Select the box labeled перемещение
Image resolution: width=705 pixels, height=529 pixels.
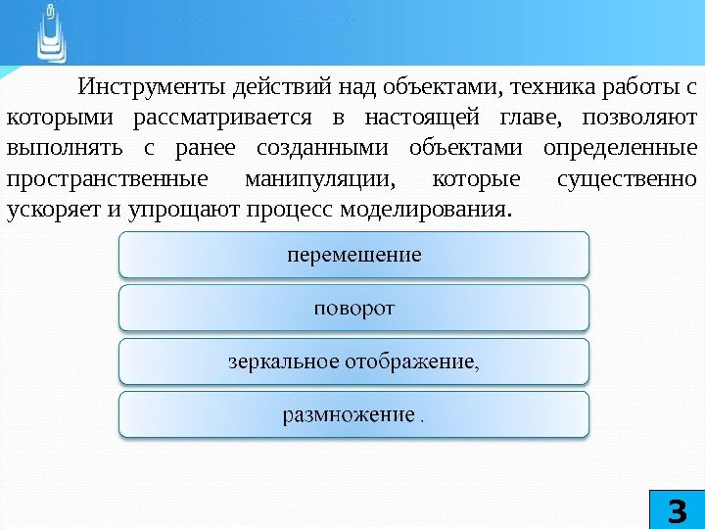point(353,255)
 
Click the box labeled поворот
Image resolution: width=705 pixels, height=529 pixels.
point(353,309)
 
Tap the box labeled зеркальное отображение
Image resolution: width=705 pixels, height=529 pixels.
point(353,361)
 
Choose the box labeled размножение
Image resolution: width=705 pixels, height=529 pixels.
point(353,414)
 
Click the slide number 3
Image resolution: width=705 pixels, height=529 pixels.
point(675,509)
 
